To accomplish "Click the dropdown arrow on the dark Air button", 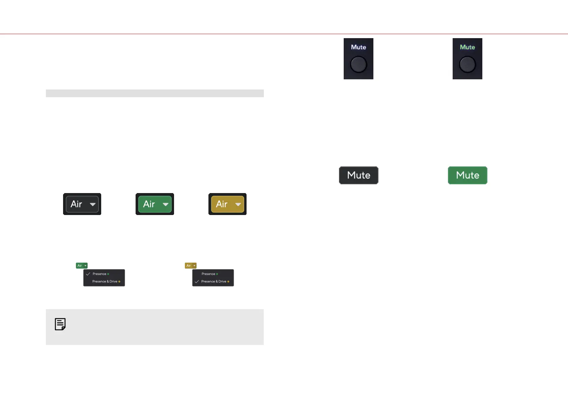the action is pos(93,205).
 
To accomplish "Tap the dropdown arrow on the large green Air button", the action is pos(166,205).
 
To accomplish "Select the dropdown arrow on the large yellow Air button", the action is pos(238,205).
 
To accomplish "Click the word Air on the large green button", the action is pos(149,204).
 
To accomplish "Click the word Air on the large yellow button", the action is pos(222,204).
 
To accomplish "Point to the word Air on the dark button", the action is pos(76,204).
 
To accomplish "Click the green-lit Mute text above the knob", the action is pos(467,47).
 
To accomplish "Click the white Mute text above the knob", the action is pos(359,47).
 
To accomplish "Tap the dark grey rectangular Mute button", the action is pos(359,175).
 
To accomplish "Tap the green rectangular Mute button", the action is pos(467,175).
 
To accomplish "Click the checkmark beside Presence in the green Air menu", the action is pos(88,274).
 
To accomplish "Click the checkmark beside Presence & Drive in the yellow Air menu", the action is pos(197,282).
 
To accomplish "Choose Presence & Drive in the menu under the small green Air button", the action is pos(105,282).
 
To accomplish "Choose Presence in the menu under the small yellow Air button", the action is pos(208,274).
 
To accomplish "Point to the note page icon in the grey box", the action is pos(60,324).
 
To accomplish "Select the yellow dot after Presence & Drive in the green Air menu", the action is pos(119,282).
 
